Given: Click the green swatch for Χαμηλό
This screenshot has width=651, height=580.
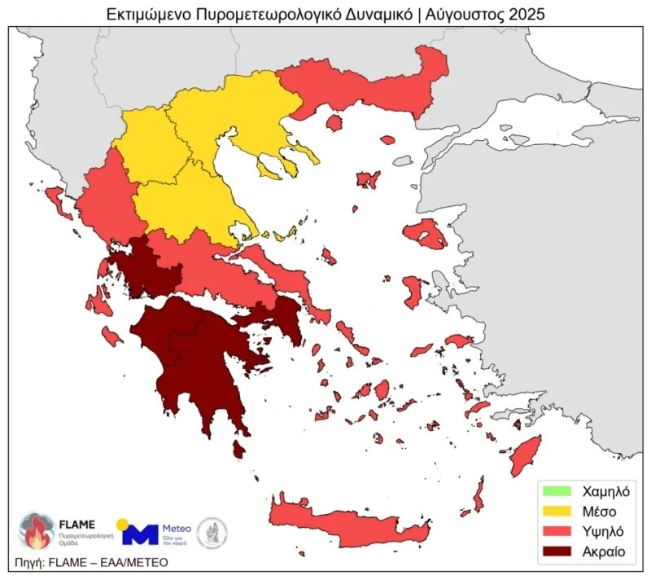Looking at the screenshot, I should pyautogui.click(x=557, y=491).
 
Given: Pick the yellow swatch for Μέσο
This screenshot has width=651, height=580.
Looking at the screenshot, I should pyautogui.click(x=557, y=512).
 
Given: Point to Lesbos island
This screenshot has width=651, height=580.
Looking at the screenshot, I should pyautogui.click(x=424, y=235).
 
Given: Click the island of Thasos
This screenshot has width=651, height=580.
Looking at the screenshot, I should pyautogui.click(x=333, y=123).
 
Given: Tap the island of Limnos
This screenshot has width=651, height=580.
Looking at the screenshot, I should pyautogui.click(x=368, y=179).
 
